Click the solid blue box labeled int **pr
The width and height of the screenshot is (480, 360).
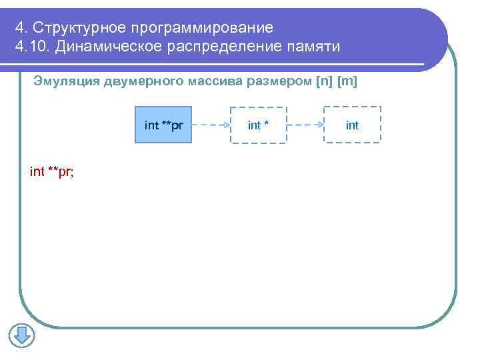pyautogui.click(x=163, y=125)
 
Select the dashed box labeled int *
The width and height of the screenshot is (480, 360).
pyautogui.click(x=258, y=125)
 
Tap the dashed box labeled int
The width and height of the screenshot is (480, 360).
pyautogui.click(x=352, y=125)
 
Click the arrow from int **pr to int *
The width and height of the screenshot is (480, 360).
pyautogui.click(x=211, y=125)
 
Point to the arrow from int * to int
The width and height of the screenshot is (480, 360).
pyautogui.click(x=305, y=125)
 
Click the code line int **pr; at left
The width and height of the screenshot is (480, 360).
pyautogui.click(x=52, y=172)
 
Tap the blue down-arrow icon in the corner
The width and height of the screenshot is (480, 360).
pyautogui.click(x=21, y=335)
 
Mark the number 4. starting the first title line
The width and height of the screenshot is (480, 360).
pyautogui.click(x=21, y=27)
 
